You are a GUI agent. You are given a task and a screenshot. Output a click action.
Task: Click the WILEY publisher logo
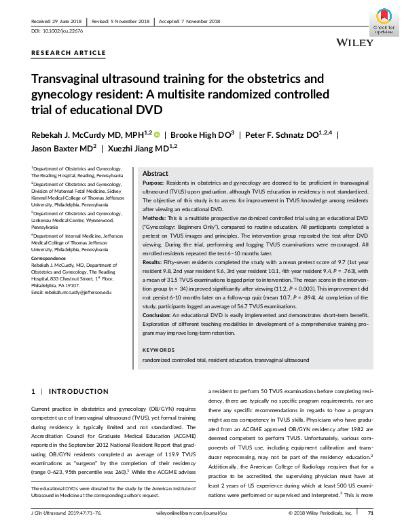(354, 43)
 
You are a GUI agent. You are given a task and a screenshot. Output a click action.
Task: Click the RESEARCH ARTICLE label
(69, 52)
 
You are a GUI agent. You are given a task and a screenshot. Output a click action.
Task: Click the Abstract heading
(155, 174)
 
